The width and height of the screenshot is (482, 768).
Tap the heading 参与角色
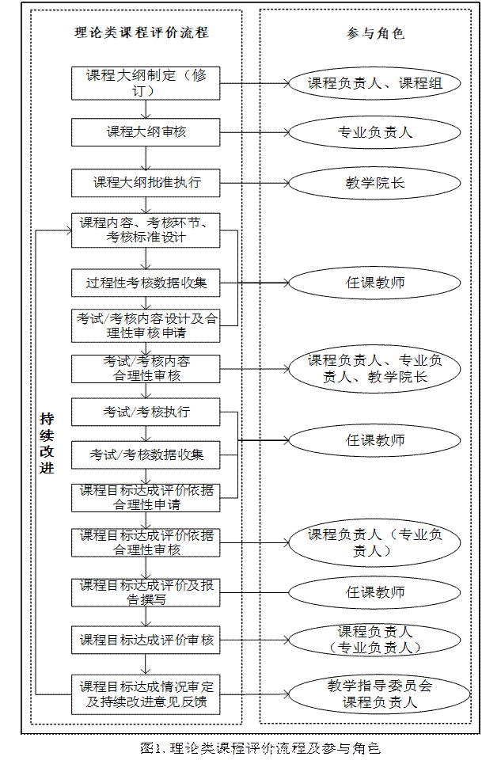point(375,33)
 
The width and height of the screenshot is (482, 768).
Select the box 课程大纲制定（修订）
point(145,83)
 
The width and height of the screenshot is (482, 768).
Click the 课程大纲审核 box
point(145,132)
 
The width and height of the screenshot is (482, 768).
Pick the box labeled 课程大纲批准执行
point(145,183)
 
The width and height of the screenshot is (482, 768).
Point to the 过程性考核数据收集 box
point(145,283)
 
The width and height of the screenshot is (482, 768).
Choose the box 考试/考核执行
point(145,413)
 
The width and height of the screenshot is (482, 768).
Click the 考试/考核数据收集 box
point(145,455)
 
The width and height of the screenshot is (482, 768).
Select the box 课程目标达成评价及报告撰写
point(145,592)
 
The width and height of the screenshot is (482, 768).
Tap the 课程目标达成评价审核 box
point(145,640)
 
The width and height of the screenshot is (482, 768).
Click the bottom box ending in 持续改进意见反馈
point(145,694)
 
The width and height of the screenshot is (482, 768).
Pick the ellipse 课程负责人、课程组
point(374,83)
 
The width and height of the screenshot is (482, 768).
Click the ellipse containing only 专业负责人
point(374,132)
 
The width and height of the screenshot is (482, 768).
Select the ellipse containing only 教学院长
point(374,183)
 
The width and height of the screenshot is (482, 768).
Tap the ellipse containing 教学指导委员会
point(374,694)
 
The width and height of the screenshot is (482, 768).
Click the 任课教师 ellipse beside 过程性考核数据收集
point(374,283)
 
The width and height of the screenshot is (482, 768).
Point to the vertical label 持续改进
point(47,443)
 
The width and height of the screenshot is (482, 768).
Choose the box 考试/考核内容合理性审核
point(145,368)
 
